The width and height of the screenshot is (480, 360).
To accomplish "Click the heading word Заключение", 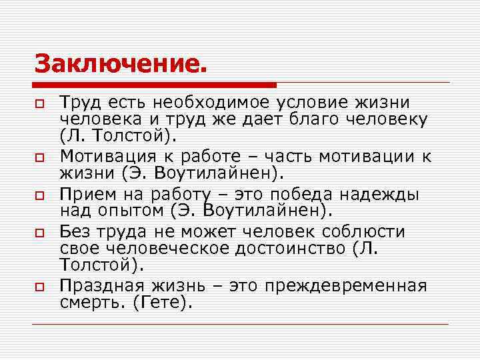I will coord(121,65).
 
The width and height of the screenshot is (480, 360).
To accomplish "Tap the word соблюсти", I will coord(363,232).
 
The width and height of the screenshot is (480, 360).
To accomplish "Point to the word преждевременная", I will coord(345,286).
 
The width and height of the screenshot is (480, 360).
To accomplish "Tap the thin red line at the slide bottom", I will coord(240,325).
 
